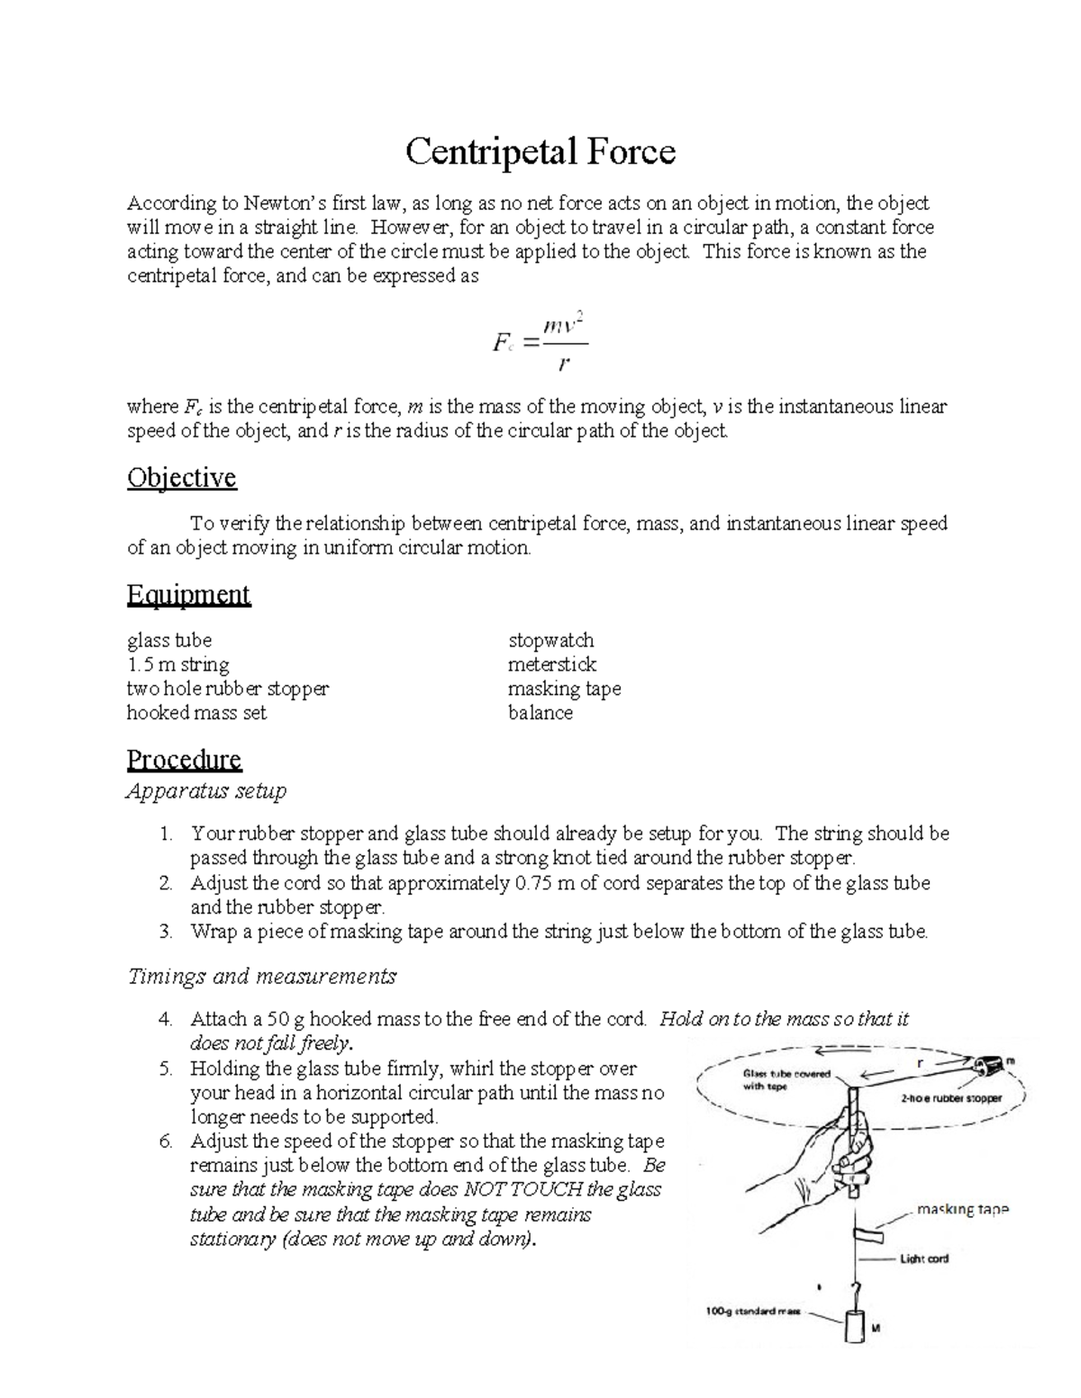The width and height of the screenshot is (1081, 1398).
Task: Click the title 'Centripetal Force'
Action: click(540, 151)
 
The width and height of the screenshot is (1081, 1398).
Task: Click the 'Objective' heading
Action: click(181, 477)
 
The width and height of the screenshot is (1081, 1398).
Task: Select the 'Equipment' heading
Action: click(188, 595)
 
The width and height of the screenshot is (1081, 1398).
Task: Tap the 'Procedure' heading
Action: click(184, 760)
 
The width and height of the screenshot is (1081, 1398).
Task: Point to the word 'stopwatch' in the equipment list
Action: click(550, 640)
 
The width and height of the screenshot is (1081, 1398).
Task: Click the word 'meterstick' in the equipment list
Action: click(551, 664)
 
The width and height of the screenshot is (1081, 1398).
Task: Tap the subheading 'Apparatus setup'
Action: click(206, 791)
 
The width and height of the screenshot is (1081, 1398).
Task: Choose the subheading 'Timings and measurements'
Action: click(261, 976)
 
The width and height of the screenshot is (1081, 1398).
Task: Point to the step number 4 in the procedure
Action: click(165, 1019)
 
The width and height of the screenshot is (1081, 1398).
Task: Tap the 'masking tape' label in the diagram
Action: click(962, 1210)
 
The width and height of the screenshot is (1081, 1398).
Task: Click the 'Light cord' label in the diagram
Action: click(924, 1258)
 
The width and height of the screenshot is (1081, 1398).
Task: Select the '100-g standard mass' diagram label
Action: click(752, 1312)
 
